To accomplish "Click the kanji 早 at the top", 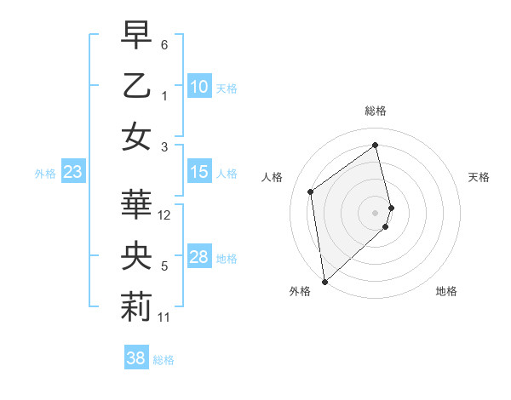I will click(136, 36).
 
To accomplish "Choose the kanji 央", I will click(136, 256).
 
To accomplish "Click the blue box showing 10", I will click(198, 87).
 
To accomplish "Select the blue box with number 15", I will click(198, 173).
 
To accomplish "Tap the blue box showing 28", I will click(198, 258).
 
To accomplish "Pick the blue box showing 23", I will click(72, 173).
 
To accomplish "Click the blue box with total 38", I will click(135, 359).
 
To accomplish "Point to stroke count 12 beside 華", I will click(165, 215).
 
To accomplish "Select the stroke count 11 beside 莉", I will click(164, 317).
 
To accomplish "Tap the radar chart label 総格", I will click(376, 111).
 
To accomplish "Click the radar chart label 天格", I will click(479, 177).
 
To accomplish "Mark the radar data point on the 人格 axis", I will click(311, 191).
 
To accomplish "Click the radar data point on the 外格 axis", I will click(324, 281).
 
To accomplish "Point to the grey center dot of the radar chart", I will click(376, 212).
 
